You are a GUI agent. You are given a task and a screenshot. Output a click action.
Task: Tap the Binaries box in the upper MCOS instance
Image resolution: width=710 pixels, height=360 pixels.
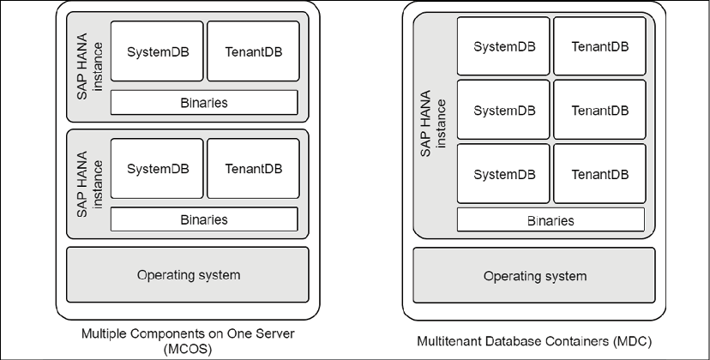[204, 102]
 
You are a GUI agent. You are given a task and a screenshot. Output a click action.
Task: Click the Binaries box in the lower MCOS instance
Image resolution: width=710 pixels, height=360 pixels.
[204, 219]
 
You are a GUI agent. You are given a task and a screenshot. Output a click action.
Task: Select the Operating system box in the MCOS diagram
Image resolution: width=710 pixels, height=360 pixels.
[189, 274]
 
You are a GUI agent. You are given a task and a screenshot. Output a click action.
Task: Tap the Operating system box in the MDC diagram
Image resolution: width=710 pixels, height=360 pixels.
[534, 275]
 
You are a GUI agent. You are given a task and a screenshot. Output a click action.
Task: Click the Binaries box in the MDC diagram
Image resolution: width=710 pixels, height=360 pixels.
[550, 220]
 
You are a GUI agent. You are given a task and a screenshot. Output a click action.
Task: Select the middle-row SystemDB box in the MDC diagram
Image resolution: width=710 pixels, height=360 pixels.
[504, 110]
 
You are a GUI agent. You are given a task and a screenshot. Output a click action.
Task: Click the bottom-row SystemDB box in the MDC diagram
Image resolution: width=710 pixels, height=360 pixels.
[504, 174]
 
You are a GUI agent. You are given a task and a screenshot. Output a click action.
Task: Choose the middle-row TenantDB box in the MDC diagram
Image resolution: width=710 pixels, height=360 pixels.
[599, 110]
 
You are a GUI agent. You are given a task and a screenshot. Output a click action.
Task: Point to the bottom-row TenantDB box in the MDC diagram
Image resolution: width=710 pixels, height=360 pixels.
[599, 174]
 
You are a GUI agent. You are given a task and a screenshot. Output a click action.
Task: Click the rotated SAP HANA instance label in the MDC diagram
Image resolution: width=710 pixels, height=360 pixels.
[433, 125]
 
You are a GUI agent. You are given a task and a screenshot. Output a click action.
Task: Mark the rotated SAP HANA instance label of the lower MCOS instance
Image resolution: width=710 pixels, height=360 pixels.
[89, 184]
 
